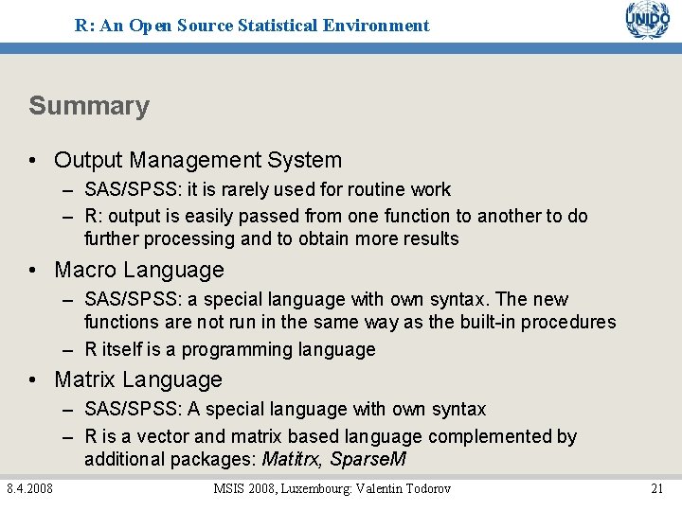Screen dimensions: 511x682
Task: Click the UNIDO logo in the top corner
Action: tap(648, 21)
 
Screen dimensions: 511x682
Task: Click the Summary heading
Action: tap(89, 106)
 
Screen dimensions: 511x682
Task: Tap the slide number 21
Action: tap(656, 488)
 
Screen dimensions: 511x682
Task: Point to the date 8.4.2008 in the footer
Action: tap(29, 488)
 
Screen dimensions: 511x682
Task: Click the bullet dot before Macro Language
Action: tap(33, 272)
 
